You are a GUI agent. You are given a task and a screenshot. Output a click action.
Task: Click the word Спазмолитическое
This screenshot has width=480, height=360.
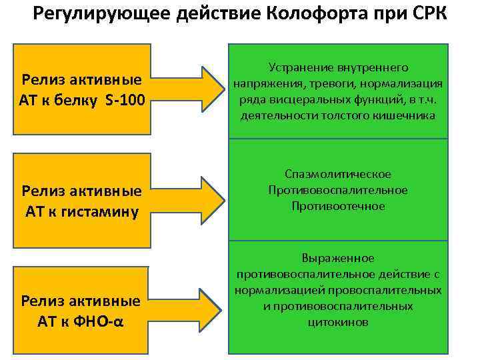click(x=338, y=174)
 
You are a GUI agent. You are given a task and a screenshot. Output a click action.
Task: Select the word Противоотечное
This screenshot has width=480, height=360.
click(x=338, y=206)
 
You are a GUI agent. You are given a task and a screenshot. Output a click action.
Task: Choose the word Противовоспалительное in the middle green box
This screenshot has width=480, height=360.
click(x=338, y=190)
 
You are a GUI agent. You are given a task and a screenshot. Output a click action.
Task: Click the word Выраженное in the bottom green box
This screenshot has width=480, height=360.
click(x=338, y=258)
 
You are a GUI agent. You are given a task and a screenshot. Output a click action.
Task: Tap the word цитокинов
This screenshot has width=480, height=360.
click(x=338, y=322)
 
